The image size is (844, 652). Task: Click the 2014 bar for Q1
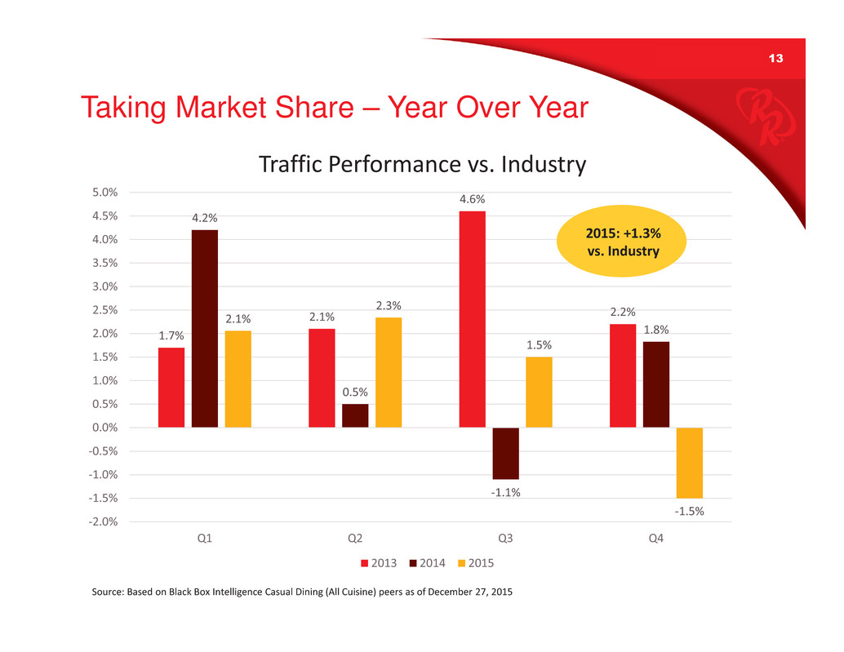point(205,329)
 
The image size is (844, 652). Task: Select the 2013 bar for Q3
point(472,319)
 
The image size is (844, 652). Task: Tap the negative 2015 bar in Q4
point(690,463)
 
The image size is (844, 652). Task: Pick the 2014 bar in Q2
point(355,416)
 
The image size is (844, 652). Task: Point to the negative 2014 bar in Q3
point(505,454)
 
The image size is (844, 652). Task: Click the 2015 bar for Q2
point(389,372)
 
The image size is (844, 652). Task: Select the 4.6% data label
point(472,199)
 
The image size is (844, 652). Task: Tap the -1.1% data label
point(505,492)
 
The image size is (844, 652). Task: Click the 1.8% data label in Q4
point(656,330)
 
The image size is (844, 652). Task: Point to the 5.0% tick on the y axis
point(105,192)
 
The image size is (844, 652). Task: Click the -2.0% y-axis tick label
point(103,521)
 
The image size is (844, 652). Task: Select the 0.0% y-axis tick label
point(105,428)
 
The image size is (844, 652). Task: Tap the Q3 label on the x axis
point(505,538)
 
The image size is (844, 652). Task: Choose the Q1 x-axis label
point(205,538)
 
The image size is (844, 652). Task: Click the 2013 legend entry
point(379,563)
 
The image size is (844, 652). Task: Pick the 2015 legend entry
point(476,563)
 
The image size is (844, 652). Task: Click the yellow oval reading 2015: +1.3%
point(621,241)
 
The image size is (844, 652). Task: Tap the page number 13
point(775,59)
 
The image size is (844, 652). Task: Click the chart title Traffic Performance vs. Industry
point(423,164)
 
